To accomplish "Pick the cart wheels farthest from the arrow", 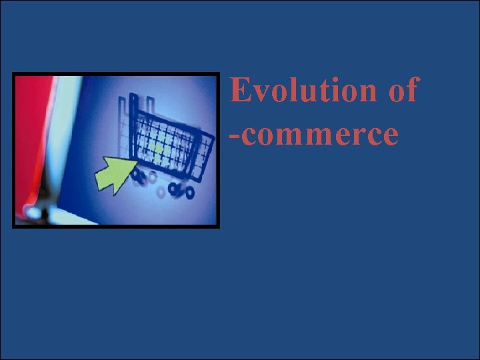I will [181, 191].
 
